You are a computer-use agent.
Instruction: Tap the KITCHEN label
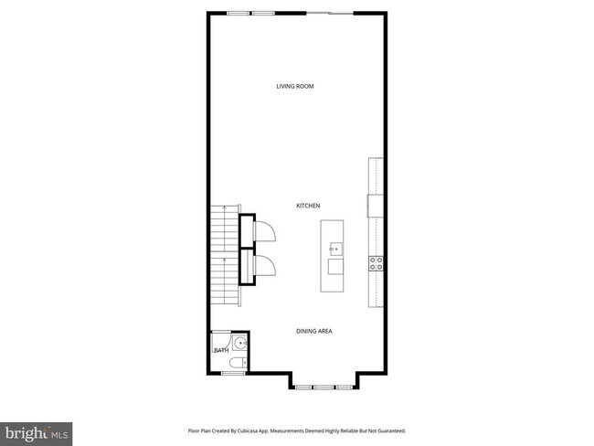pyautogui.click(x=307, y=207)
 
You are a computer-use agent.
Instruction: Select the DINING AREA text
pyautogui.click(x=313, y=331)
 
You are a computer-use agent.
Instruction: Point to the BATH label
pyautogui.click(x=220, y=350)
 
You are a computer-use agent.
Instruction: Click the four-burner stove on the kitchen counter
pyautogui.click(x=375, y=263)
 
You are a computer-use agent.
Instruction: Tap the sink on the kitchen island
pyautogui.click(x=334, y=247)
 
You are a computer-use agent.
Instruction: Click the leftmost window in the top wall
pyautogui.click(x=239, y=13)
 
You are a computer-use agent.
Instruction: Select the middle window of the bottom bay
pyautogui.click(x=323, y=388)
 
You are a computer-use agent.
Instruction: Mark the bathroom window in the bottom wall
pyautogui.click(x=233, y=373)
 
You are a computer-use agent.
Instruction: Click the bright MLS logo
pyautogui.click(x=37, y=430)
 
